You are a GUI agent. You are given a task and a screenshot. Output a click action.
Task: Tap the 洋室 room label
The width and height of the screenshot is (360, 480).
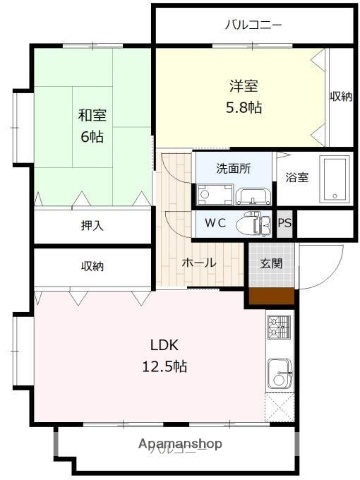tap(243, 87)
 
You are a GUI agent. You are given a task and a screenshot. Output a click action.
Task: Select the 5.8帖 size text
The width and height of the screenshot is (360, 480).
tap(243, 107)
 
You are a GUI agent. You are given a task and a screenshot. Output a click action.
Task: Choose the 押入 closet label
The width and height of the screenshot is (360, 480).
tap(93, 226)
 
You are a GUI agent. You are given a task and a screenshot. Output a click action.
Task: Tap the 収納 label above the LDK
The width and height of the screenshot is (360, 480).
tap(93, 266)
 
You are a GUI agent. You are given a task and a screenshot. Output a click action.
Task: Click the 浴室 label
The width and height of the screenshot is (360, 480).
tap(297, 178)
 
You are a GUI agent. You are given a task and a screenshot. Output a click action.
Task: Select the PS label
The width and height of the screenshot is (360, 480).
tap(285, 224)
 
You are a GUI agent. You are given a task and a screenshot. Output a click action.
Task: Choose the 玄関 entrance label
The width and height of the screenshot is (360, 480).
tap(270, 263)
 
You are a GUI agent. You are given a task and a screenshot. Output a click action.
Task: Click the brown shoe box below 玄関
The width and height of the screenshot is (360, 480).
tap(270, 295)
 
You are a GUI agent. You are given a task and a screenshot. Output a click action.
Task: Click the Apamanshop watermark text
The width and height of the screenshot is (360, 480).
tap(180, 442)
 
